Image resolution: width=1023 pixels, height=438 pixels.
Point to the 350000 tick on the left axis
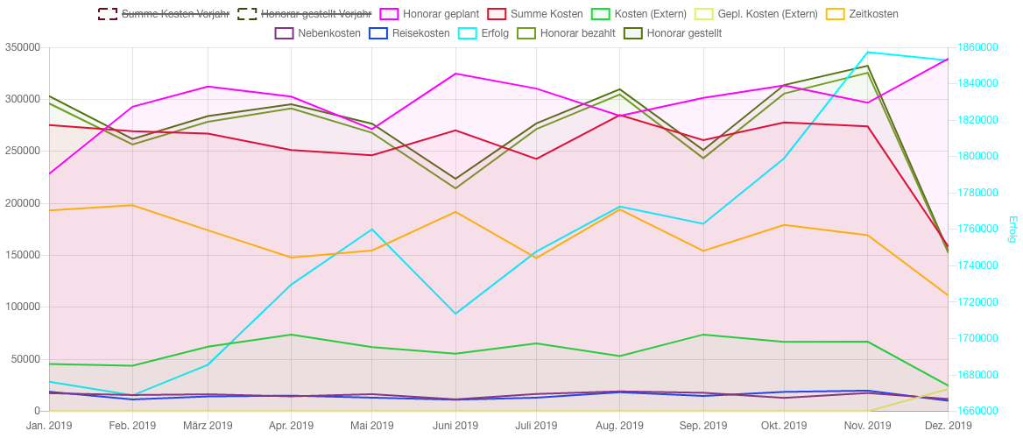point(22,47)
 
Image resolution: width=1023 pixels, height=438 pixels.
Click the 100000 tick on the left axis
point(22,307)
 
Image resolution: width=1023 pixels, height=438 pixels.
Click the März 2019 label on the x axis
point(208,426)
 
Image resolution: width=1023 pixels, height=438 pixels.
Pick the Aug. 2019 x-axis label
point(619,426)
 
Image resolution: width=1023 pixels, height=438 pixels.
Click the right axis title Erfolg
point(1012,230)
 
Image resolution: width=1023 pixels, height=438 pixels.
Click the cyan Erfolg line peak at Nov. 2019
point(867,53)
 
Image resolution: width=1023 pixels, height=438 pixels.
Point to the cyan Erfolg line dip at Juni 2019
point(455,314)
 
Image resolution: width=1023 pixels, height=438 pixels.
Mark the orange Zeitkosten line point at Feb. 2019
point(131,205)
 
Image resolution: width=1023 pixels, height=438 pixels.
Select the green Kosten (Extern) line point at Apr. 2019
point(291,335)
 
